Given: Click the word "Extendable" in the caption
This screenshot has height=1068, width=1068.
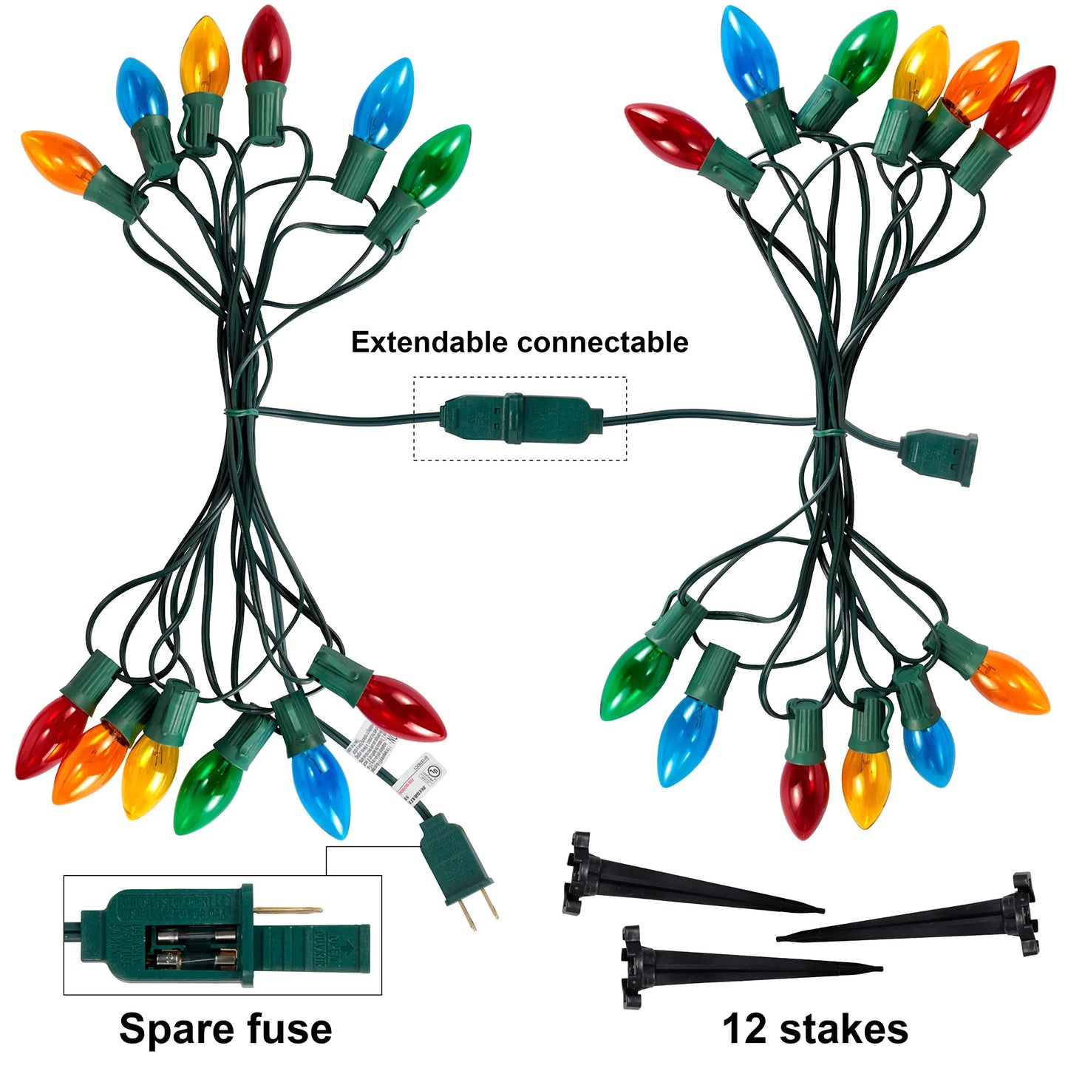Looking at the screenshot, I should [x=430, y=342].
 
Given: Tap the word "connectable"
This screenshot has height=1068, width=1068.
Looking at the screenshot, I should [x=602, y=342].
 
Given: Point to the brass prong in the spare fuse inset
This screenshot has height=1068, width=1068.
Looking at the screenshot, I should [x=288, y=910].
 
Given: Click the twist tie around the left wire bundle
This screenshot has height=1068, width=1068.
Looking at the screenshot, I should [x=241, y=411].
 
